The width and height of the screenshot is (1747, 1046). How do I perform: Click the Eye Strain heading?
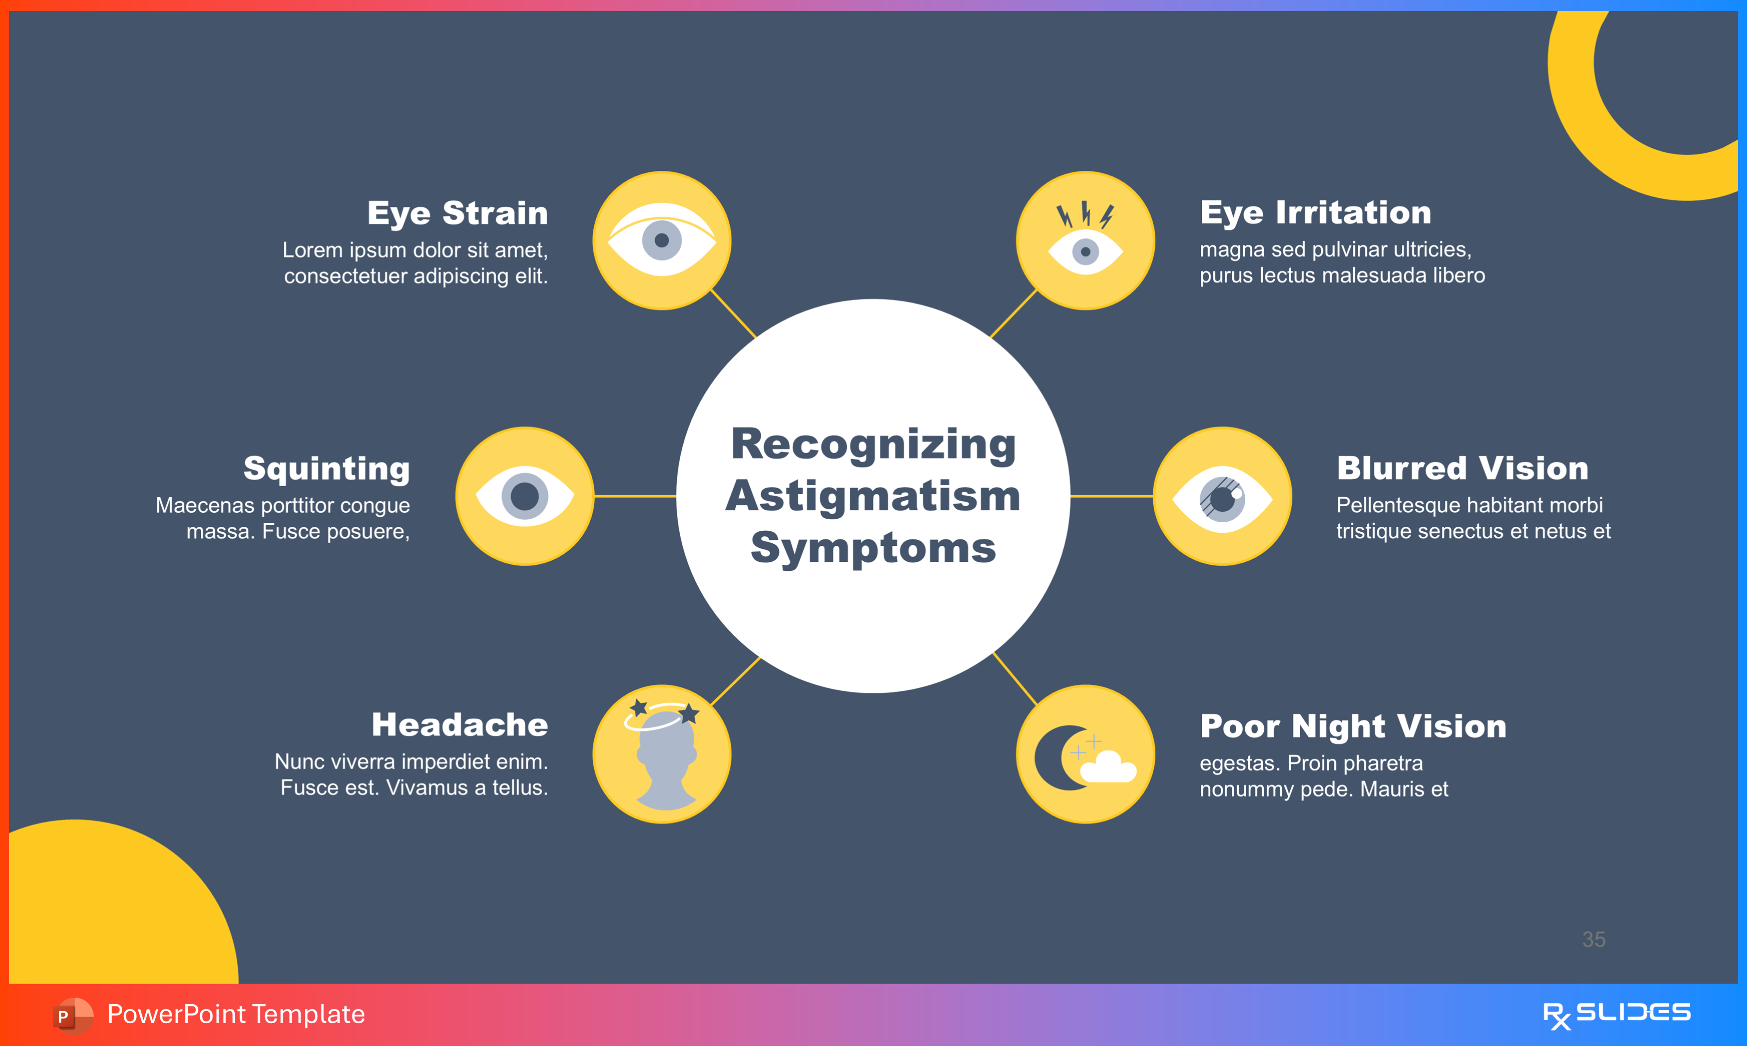tap(457, 213)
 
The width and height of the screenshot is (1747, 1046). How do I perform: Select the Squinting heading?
tap(326, 469)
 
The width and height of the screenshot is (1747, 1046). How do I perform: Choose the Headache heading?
tap(459, 725)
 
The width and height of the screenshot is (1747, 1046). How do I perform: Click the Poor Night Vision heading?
tap(1353, 726)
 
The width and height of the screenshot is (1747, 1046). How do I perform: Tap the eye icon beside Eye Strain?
tap(661, 240)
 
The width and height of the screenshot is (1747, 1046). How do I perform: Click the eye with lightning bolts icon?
tap(1085, 240)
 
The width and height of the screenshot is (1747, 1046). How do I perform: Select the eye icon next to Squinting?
tap(525, 496)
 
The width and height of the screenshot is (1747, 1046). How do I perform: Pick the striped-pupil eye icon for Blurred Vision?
tap(1222, 496)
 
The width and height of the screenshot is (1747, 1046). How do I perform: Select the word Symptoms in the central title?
tap(873, 548)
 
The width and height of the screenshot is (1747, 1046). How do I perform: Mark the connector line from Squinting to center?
tap(635, 496)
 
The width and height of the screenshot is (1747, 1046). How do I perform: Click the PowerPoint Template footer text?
tap(236, 1014)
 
